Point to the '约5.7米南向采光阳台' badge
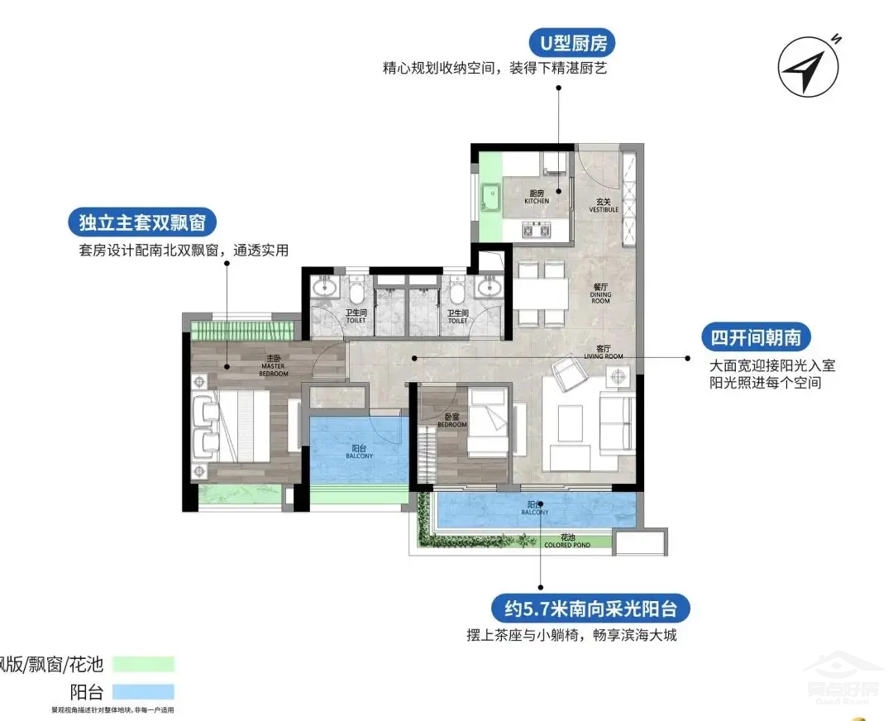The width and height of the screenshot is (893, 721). [590, 610]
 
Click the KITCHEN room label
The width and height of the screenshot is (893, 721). [537, 198]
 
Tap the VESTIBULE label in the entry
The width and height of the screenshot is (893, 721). [604, 206]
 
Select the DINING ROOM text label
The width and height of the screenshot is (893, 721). [600, 296]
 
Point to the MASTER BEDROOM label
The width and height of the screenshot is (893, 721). [274, 370]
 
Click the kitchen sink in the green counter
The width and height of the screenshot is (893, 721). [493, 198]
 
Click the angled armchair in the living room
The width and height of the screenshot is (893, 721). [571, 373]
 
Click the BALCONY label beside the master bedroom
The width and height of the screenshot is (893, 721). [359, 452]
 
